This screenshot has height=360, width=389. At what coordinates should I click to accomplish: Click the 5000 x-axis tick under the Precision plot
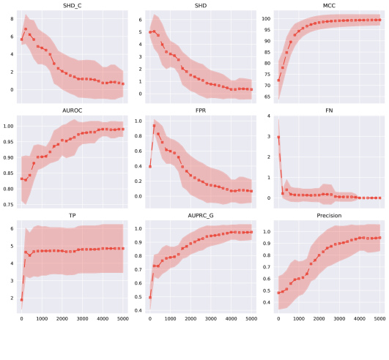[x=379, y=319]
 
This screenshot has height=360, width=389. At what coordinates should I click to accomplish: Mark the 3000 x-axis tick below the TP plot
[x=82, y=319]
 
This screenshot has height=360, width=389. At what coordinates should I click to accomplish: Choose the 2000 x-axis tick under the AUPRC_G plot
[x=190, y=319]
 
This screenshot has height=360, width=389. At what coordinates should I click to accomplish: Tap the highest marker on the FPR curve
[x=154, y=126]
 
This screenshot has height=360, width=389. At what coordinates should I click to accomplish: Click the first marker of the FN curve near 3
[x=278, y=137]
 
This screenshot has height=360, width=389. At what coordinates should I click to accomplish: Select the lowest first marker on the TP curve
[x=21, y=299]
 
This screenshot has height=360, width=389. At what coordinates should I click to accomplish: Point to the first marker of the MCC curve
[x=278, y=80]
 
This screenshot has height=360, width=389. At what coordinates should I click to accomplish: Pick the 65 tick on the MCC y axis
[x=268, y=97]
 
